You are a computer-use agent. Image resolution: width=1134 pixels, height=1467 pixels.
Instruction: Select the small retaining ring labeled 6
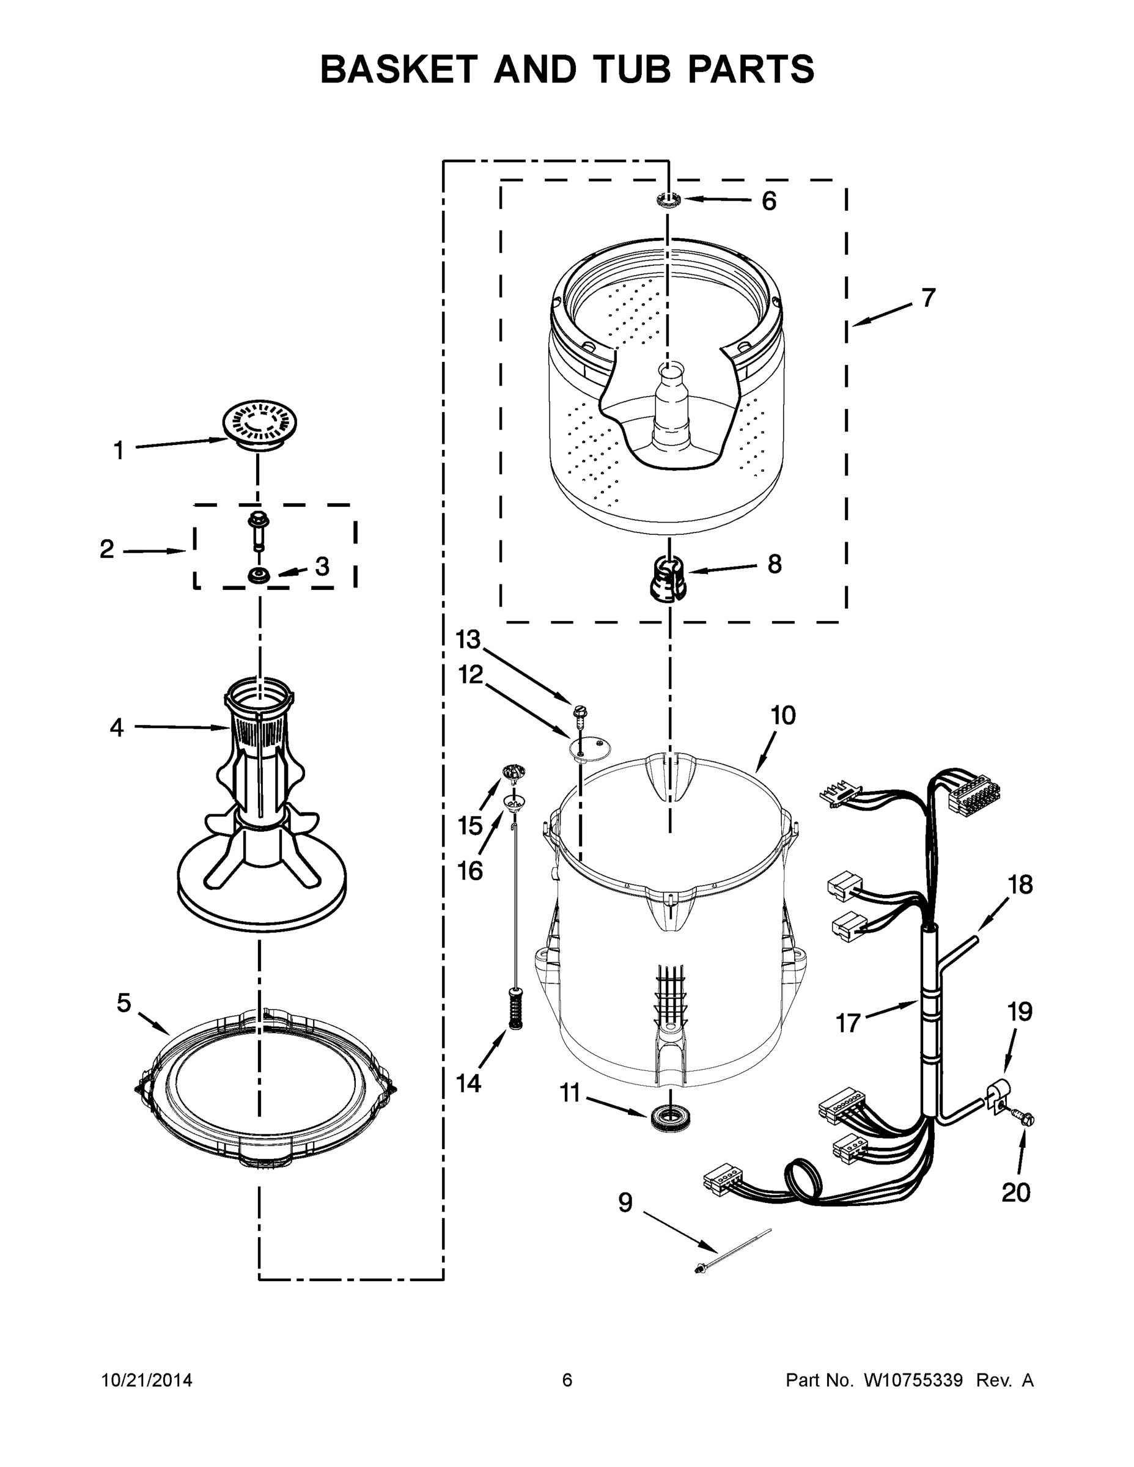[x=668, y=199]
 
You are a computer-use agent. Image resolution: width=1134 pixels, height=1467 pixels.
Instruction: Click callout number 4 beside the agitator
[x=117, y=727]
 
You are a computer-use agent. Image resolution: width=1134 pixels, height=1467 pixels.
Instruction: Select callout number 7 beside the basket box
[x=928, y=298]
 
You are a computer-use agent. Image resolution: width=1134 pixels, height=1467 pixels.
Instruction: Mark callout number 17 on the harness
[x=847, y=1023]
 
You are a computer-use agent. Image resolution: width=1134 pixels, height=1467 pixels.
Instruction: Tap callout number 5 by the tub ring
[x=124, y=1003]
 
